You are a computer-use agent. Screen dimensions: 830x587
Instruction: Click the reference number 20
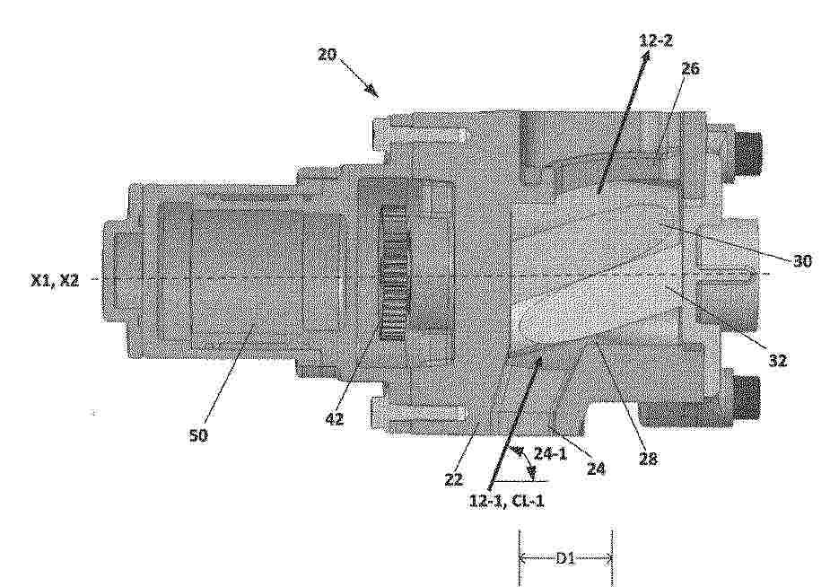[x=327, y=54]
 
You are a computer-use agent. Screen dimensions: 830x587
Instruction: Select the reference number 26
[x=690, y=68]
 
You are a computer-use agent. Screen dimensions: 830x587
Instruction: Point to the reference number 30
[x=802, y=260]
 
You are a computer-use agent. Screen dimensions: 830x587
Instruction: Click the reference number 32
[x=778, y=361]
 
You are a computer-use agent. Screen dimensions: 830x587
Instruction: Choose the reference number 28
[x=648, y=459]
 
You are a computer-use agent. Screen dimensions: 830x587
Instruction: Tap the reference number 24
[x=595, y=468]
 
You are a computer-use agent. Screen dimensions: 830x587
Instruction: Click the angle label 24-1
[x=549, y=453]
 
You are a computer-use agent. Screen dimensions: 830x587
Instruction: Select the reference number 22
[x=454, y=479]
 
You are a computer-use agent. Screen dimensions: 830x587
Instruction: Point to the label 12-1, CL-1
[x=507, y=501]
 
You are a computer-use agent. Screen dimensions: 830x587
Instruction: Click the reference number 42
[x=334, y=419]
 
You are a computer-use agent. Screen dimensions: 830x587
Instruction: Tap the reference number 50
[x=198, y=435]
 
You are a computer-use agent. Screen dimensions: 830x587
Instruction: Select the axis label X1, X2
[x=56, y=281]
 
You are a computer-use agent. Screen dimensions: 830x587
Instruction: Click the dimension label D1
[x=565, y=558]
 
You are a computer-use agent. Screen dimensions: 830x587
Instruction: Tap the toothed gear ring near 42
[x=393, y=272]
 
